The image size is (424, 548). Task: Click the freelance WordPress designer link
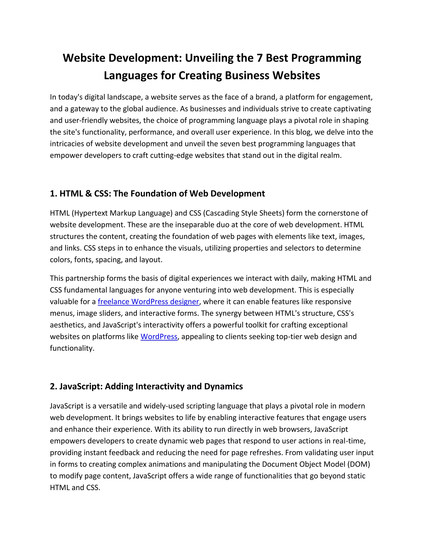(148, 302)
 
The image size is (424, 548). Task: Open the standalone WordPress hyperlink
(159, 336)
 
